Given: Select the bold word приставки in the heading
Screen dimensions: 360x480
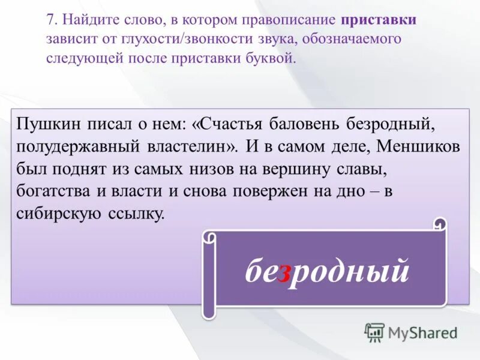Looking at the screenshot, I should click(x=379, y=20).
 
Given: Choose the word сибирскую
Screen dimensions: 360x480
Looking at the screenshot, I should click(x=59, y=214).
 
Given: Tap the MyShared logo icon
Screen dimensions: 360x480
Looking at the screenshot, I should click(x=374, y=332).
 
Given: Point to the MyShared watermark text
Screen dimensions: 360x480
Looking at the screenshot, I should click(x=424, y=332).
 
